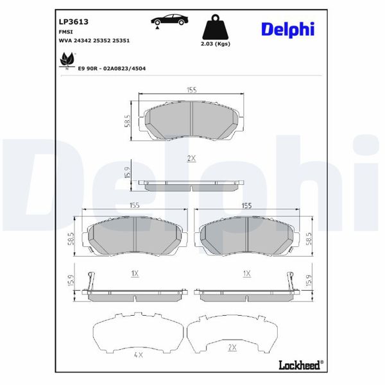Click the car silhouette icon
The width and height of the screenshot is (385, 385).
[170, 19]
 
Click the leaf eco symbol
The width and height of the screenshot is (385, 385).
[65, 62]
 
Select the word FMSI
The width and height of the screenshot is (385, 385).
[65, 30]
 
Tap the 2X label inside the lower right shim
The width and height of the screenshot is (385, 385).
[232, 347]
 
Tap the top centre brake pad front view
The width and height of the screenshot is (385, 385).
[191, 121]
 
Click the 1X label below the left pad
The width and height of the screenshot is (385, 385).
[135, 273]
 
